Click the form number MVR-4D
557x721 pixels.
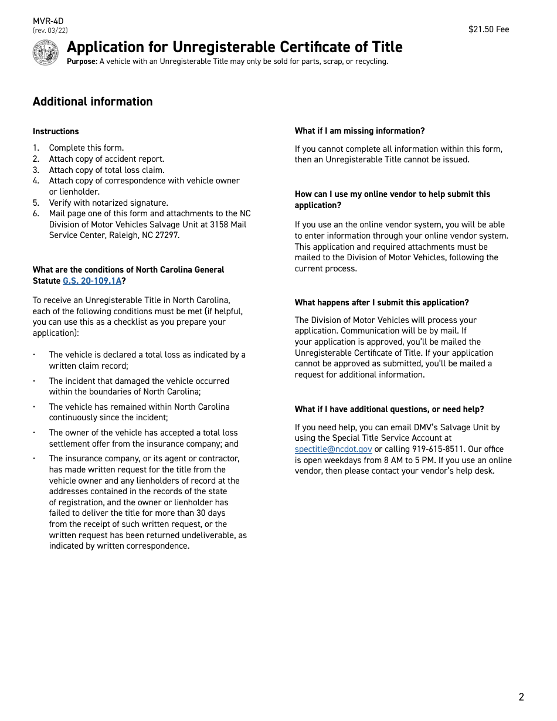pos(48,21)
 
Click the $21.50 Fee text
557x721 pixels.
pos(488,29)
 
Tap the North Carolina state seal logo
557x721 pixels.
pos(46,53)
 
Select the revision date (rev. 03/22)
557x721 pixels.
pos(50,30)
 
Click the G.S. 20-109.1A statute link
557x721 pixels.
pos(92,281)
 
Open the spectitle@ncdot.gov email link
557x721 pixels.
pos(333,449)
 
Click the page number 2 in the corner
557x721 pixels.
pos(521,697)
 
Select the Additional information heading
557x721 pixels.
pos(93,101)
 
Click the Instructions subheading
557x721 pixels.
pos(56,131)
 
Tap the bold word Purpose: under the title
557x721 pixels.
pos(82,62)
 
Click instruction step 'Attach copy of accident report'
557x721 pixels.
pos(106,159)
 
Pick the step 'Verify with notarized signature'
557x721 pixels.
pos(108,203)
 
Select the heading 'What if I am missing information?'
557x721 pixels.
pos(359,131)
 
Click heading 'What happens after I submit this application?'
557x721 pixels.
pos(382,302)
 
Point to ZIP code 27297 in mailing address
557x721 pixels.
pos(167,235)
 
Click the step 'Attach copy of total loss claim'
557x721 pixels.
pos(106,170)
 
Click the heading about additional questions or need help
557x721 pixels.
pos(389,409)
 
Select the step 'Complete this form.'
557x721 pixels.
pos(86,148)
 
